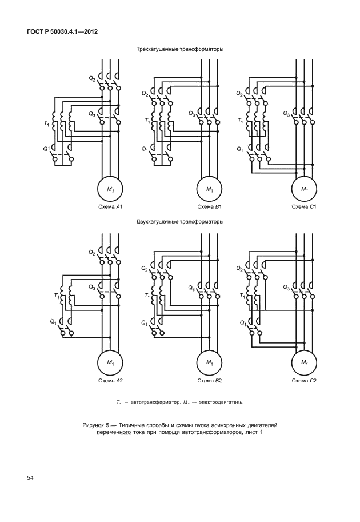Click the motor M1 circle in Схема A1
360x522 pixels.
click(110, 189)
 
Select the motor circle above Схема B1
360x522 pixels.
click(209, 189)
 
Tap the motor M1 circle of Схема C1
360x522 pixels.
click(305, 189)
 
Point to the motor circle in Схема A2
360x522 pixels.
click(110, 362)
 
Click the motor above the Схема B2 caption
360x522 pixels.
click(209, 362)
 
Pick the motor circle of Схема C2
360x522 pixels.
click(305, 362)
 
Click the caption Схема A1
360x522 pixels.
click(110, 207)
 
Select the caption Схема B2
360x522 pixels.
click(210, 381)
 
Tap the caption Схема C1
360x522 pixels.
click(304, 207)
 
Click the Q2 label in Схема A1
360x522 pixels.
click(92, 78)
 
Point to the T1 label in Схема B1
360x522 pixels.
click(147, 120)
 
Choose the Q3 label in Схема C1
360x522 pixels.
click(286, 114)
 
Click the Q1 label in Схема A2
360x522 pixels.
click(54, 322)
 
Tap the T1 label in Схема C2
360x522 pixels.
click(242, 295)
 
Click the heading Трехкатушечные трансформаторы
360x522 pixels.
click(179, 49)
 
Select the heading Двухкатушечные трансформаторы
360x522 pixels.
click(179, 221)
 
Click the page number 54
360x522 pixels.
click(30, 478)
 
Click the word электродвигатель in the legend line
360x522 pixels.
click(221, 403)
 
